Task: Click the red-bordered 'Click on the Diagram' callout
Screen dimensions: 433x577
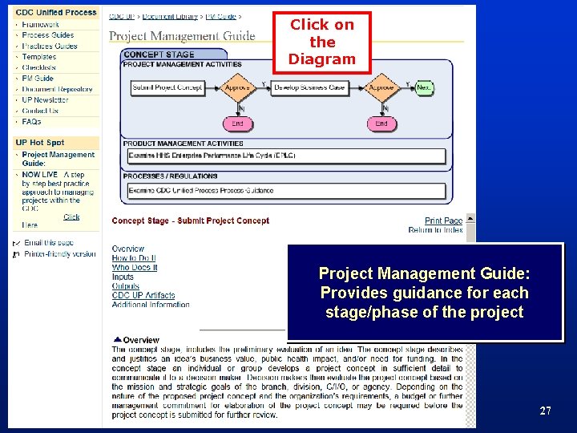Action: [x=321, y=42]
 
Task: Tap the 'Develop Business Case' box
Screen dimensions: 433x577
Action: [x=309, y=87]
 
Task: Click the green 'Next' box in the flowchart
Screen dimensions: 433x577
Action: [x=424, y=87]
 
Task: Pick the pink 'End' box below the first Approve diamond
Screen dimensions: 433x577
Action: [x=237, y=123]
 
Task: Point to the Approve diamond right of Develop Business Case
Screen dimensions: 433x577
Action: [x=381, y=87]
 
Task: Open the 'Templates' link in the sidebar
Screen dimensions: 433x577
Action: [x=39, y=57]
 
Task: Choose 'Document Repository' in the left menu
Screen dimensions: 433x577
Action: [x=58, y=89]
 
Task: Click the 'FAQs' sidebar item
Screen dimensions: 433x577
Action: [x=31, y=122]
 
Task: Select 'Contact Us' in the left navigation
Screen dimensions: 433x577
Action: [x=40, y=111]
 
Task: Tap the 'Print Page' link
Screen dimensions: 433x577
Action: [x=443, y=221]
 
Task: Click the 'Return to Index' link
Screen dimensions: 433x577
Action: [x=435, y=230]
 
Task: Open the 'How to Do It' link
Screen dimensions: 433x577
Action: [x=135, y=258]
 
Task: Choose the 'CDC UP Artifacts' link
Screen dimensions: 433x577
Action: [x=143, y=296]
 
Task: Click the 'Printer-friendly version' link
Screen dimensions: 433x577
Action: [x=60, y=254]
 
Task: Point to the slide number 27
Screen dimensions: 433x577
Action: [x=545, y=411]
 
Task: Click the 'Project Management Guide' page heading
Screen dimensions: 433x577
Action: [x=182, y=35]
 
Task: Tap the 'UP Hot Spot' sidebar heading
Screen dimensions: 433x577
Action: [x=40, y=143]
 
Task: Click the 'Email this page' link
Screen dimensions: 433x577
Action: [x=49, y=242]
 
